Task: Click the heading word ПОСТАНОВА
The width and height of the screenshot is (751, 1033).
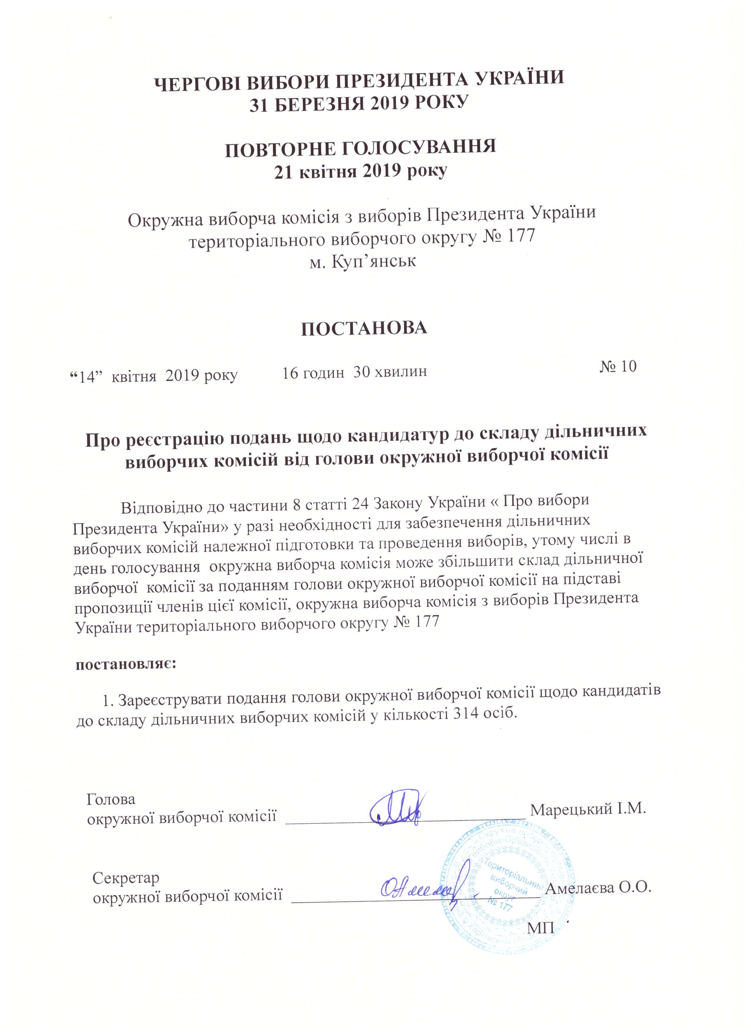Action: click(x=364, y=328)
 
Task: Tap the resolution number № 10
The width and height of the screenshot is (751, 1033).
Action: click(x=618, y=367)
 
